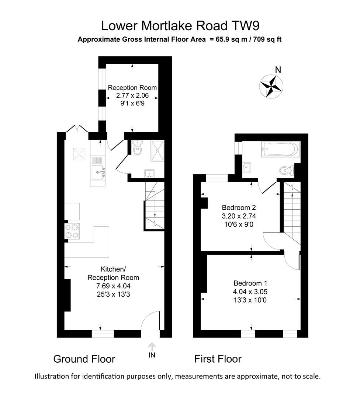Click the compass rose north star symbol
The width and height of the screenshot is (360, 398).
[272, 86]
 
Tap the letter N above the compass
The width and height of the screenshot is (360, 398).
[278, 70]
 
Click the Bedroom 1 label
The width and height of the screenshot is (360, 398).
[250, 283]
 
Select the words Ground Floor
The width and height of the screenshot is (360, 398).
[84, 359]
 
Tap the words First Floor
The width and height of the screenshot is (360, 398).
[218, 359]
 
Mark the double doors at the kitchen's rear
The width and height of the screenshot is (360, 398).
[76, 129]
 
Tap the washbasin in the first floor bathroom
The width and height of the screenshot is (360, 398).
[247, 167]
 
